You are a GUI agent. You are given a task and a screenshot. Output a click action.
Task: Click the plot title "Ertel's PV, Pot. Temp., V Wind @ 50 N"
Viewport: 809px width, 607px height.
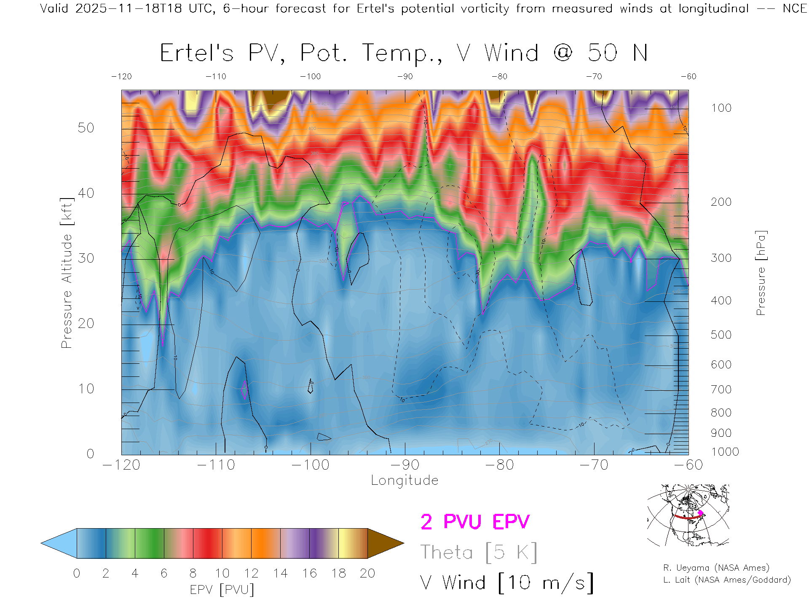coord(404,54)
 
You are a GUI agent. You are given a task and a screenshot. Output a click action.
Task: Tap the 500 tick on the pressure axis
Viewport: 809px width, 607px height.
coord(721,335)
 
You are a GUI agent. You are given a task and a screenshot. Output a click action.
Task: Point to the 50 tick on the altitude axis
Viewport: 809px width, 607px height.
coord(86,128)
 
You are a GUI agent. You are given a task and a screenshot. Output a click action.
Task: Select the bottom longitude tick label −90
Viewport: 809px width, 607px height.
coord(405,465)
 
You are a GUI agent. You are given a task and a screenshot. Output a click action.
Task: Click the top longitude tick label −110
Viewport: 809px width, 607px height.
coord(216,77)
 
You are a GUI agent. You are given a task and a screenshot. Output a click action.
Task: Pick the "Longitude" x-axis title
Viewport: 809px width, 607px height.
coord(404,481)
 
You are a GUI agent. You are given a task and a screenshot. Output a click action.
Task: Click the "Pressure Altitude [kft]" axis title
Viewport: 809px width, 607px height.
coord(67,273)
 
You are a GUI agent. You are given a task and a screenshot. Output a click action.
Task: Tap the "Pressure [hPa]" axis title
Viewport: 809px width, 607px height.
coord(761,273)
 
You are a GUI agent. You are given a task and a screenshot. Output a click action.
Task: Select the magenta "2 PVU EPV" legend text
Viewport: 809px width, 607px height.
coord(475,522)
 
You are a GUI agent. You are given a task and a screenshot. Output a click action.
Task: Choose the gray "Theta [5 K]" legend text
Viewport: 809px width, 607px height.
coord(479,552)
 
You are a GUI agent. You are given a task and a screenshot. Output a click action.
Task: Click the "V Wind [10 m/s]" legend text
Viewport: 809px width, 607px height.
coord(507,583)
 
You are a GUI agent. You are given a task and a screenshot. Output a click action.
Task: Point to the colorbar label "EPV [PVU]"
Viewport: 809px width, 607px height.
coord(222,590)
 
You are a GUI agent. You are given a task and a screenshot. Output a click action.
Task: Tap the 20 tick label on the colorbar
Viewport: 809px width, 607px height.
coord(367,573)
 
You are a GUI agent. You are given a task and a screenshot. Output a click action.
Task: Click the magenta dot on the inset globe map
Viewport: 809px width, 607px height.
coord(701,513)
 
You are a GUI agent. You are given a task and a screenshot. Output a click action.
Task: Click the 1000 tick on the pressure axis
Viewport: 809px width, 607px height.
coord(725,452)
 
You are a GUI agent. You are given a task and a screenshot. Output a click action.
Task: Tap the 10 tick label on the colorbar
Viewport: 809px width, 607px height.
coord(222,573)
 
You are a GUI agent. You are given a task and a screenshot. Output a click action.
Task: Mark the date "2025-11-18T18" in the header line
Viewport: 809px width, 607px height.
coord(129,8)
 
